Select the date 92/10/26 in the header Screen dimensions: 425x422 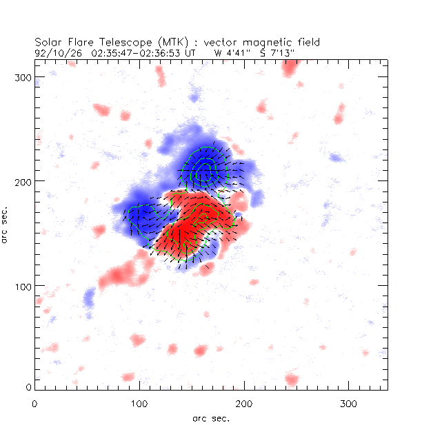pyautogui.click(x=54, y=52)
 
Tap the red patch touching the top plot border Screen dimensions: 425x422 pyautogui.click(x=290, y=66)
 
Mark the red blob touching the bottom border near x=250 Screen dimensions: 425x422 pyautogui.click(x=292, y=380)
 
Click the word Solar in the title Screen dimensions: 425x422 pyautogui.click(x=49, y=41)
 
